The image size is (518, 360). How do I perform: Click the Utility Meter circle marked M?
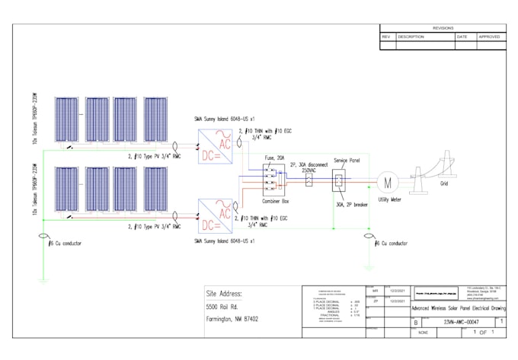pos(388,182)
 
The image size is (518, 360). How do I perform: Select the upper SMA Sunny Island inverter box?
pos(216,144)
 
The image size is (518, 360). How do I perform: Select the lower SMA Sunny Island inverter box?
pos(216,215)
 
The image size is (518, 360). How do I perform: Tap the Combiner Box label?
pos(275,201)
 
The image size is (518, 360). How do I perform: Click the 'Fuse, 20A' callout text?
pos(274,158)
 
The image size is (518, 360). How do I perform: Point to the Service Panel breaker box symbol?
pos(339,181)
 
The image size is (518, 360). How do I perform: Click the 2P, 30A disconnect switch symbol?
pos(309,183)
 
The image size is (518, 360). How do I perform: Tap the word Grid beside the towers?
pos(444,183)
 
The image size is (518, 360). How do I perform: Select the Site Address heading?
pos(224,293)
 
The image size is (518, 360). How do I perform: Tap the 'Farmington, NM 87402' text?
pos(232,320)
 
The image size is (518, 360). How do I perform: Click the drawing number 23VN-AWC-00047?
pos(463,322)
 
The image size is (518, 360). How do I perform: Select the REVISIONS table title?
pos(443,28)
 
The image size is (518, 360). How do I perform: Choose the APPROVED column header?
pos(489,37)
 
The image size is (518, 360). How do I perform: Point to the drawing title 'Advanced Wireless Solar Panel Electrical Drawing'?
pos(458,308)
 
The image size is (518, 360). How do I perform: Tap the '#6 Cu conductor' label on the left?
pos(64,244)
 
